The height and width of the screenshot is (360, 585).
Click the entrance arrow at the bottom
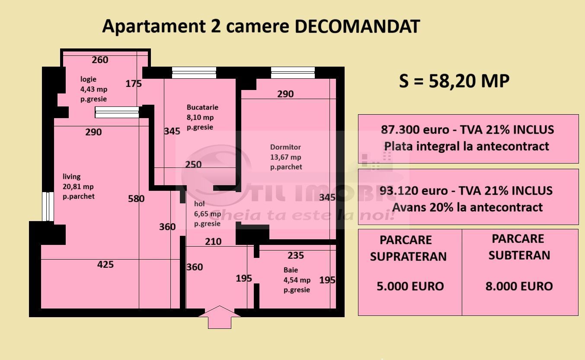coord(220,317)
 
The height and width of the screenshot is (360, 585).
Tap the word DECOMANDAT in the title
coord(357,27)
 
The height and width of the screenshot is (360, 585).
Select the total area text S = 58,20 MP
coord(454,81)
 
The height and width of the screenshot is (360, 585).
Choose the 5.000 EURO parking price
coord(410,286)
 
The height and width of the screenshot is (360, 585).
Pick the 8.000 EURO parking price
coord(519,286)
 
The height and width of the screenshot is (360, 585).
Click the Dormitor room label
coord(285,147)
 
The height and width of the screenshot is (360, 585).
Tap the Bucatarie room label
coord(202,107)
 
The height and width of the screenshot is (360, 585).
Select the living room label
coord(72,177)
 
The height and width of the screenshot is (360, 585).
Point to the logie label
coord(88,79)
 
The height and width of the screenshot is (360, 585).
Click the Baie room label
coord(291,270)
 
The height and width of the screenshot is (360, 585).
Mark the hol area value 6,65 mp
coord(208,214)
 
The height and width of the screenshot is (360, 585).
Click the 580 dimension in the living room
coord(136,199)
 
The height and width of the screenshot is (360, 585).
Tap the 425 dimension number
coord(105,264)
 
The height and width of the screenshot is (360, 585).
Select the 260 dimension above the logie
coord(100,60)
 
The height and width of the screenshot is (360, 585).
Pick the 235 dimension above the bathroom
coord(296,255)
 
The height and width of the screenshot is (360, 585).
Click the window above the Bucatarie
coord(194,73)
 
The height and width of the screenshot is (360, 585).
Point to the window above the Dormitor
coord(293,73)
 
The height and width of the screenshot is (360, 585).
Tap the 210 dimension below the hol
coord(213,241)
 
